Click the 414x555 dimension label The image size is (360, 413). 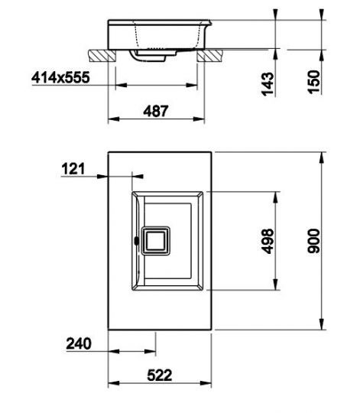tap(60, 77)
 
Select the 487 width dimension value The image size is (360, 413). tap(155, 111)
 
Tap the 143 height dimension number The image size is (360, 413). tap(268, 83)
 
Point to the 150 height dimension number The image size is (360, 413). tap(314, 81)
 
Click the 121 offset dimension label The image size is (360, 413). tap(73, 169)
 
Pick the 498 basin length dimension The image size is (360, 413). tap(268, 241)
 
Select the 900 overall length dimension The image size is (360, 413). tap(313, 241)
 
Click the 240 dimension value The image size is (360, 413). tap(79, 343)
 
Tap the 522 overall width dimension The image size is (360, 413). tap(160, 375)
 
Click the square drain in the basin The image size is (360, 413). tap(155, 241)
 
